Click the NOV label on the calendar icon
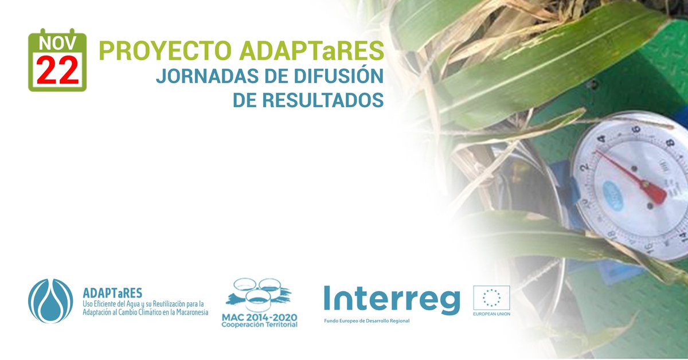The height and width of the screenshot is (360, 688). (57, 43)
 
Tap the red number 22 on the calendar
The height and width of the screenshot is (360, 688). (57, 71)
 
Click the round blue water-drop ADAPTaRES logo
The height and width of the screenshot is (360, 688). (50, 301)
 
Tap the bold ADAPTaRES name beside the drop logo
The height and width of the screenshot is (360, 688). (112, 293)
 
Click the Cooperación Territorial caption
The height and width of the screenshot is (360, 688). (259, 325)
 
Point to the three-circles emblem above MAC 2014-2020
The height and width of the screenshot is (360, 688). (259, 294)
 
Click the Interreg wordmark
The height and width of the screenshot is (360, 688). (392, 299)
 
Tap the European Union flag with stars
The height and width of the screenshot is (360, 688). (491, 298)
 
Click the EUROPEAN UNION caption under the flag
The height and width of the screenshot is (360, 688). (491, 314)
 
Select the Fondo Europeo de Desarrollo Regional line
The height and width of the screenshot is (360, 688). (367, 320)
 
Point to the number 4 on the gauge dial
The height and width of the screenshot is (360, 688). (600, 139)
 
